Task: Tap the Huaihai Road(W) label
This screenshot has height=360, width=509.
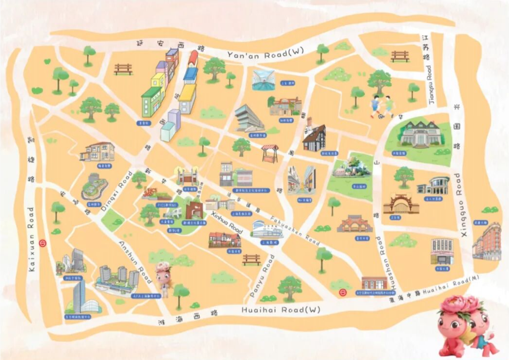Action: coord(281,310)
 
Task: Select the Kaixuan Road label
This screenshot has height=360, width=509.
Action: coord(31,239)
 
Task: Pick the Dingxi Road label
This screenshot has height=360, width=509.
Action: coord(116,192)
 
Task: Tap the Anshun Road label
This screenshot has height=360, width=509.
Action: coord(135,262)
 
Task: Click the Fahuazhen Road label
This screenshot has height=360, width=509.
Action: coord(295,231)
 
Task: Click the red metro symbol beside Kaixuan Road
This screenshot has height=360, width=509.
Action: coord(43,243)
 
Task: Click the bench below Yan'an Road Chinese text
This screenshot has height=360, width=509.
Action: coord(123,69)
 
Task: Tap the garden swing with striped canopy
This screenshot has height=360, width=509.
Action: coord(270,153)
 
